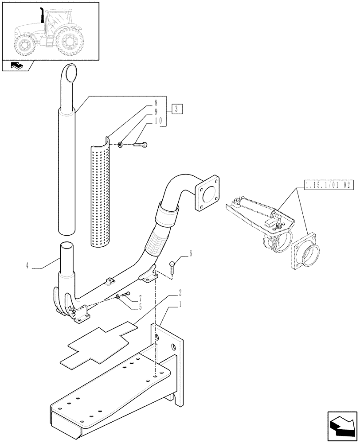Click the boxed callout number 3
tap(176, 109)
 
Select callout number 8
tap(156, 102)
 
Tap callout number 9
tap(156, 111)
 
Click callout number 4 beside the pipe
tap(27, 266)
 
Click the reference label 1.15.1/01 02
tap(328, 185)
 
